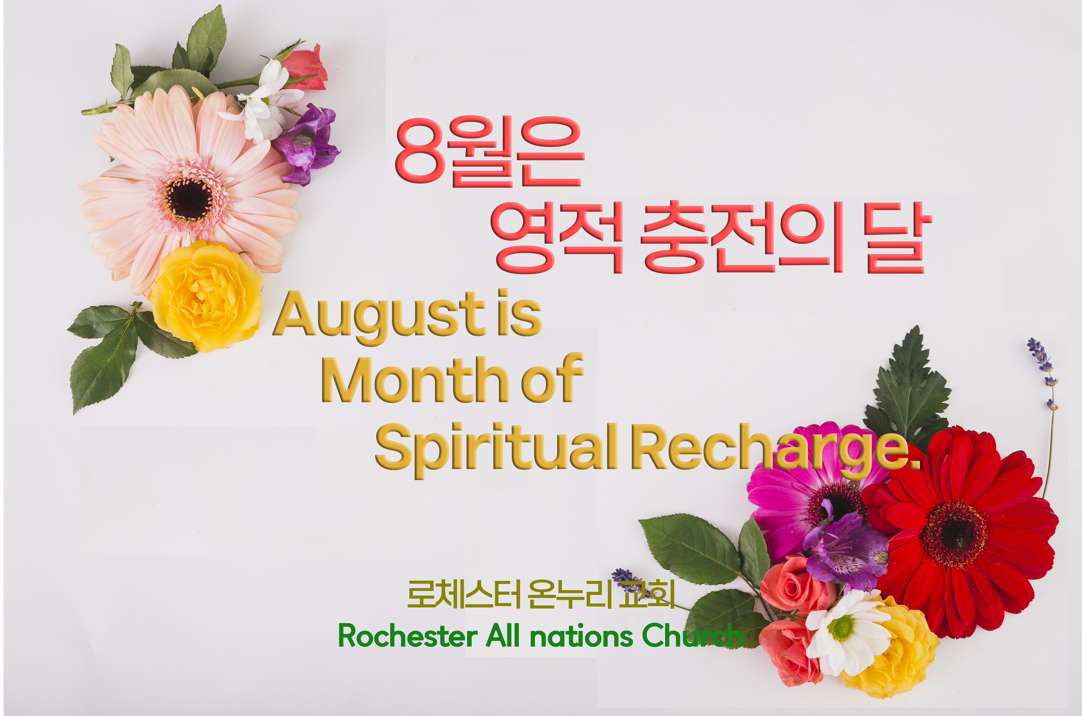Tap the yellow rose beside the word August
tap(206, 296)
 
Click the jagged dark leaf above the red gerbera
tap(909, 388)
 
